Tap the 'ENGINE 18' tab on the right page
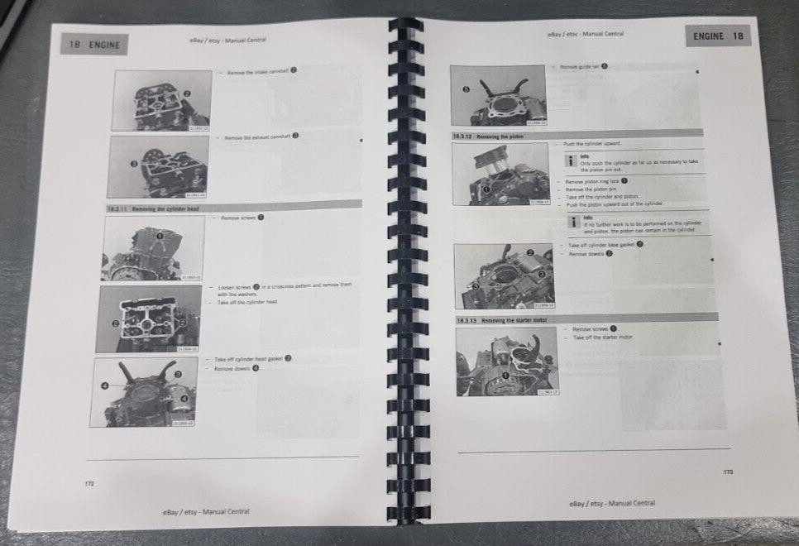718,36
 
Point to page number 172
89,483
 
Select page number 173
727,472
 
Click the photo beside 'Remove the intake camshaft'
161,101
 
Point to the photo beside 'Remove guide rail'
498,96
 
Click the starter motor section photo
505,362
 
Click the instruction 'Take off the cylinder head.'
247,303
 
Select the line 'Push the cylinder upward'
592,144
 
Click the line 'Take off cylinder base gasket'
605,245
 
